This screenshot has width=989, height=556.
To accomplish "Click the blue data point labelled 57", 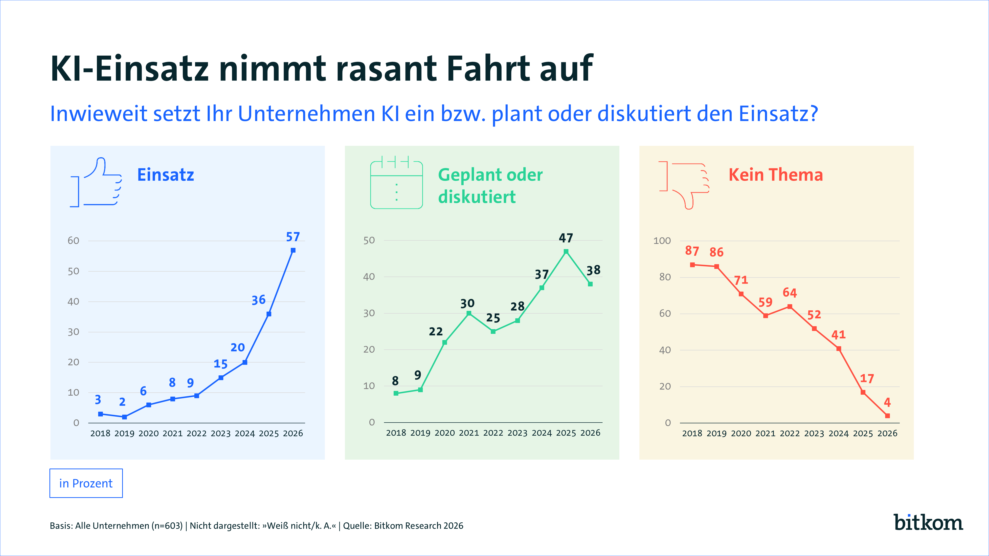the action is [293, 250].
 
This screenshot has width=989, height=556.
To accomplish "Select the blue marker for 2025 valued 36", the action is [269, 314].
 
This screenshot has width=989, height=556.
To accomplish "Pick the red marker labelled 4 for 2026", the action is [887, 416].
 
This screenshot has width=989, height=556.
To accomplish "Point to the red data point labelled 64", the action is [790, 307].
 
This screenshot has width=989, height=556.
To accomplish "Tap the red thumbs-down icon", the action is [684, 185].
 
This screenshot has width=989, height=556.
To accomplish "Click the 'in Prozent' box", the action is [86, 483].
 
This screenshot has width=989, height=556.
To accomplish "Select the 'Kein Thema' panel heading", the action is [776, 175].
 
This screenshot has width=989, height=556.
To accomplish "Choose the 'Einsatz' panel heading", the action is [165, 175].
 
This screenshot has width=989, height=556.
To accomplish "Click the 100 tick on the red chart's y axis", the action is [662, 241].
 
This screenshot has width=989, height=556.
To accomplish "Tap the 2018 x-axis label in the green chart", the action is [396, 433].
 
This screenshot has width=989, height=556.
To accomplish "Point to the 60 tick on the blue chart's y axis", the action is [73, 241].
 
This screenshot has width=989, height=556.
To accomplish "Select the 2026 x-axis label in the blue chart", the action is [293, 433].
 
